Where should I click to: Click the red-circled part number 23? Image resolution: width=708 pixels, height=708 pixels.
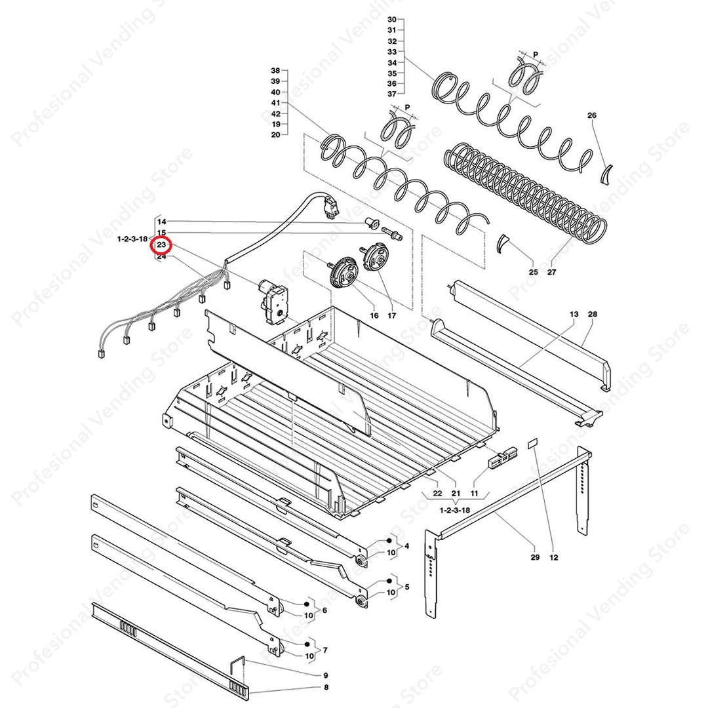coord(162,245)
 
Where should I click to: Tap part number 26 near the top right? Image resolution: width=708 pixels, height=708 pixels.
coord(592,115)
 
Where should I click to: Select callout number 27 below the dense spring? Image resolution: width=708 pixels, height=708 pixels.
coord(552,272)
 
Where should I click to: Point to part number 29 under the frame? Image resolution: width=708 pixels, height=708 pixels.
coord(535,557)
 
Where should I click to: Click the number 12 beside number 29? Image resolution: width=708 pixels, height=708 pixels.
coord(554,557)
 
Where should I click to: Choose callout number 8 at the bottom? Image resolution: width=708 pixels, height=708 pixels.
coord(326,687)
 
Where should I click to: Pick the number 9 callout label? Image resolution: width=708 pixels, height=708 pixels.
coord(326,675)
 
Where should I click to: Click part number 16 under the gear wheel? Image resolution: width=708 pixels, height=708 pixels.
coord(374,315)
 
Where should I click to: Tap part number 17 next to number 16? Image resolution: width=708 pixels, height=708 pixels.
coord(392,315)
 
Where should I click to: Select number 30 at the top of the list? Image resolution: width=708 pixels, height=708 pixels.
coord(392,20)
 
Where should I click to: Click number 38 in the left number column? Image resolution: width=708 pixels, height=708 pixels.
coord(275,70)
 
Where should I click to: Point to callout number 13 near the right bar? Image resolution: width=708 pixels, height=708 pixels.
coord(574,314)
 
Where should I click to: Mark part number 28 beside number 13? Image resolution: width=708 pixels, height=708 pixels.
coord(593,314)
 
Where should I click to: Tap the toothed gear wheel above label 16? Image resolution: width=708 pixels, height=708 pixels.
coord(342,272)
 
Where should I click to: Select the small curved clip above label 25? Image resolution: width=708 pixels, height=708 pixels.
coord(502,244)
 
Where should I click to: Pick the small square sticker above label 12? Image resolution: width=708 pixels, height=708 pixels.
coord(534,442)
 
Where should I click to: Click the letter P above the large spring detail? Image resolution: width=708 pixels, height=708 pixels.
coord(536,54)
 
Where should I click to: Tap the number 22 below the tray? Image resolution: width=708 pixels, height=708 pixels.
coord(437,493)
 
